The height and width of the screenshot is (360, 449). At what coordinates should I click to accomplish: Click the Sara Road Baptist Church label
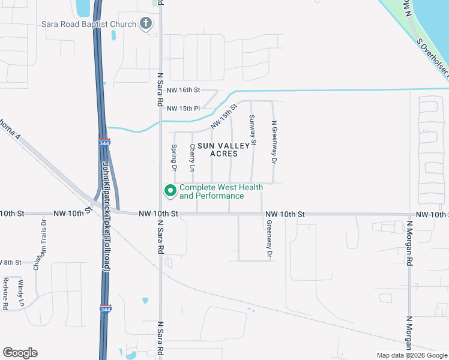pyautogui.click(x=89, y=24)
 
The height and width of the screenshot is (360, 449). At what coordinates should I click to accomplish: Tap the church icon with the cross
pyautogui.click(x=145, y=24)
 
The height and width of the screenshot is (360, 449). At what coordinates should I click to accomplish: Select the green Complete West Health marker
pyautogui.click(x=170, y=191)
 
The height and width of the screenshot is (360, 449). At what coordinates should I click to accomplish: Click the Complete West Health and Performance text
pyautogui.click(x=221, y=192)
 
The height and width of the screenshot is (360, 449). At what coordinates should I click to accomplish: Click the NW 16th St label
pyautogui.click(x=183, y=90)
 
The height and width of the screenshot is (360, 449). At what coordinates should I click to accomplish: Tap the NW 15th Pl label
pyautogui.click(x=183, y=109)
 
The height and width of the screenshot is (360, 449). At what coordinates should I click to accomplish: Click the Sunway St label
pyautogui.click(x=253, y=130)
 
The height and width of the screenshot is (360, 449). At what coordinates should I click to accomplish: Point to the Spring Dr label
pyautogui.click(x=173, y=157)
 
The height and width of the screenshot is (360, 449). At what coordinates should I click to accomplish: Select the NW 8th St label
pyautogui.click(x=11, y=263)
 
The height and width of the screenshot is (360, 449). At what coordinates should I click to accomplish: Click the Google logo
pyautogui.click(x=20, y=352)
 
